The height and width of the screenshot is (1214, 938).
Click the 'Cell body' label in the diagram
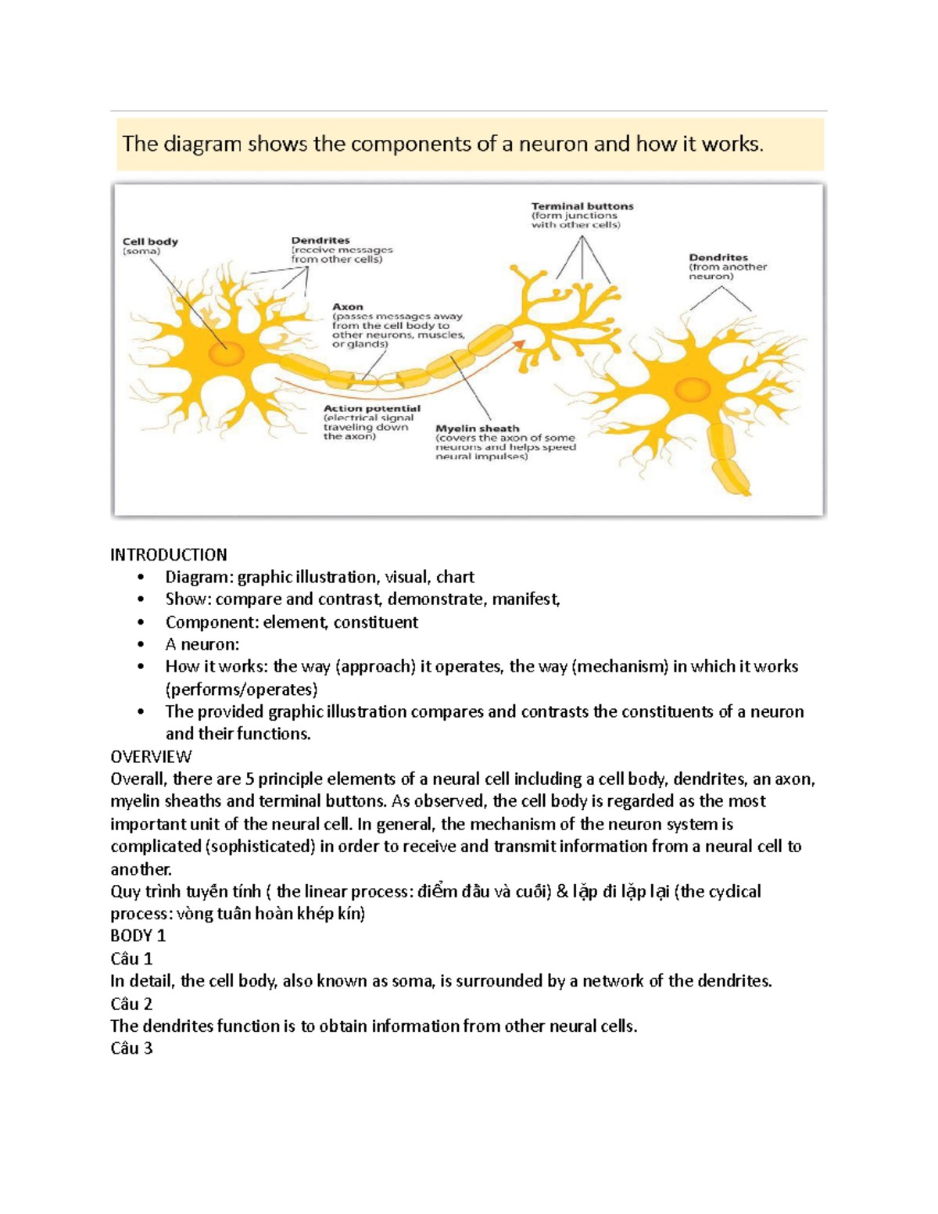pos(150,242)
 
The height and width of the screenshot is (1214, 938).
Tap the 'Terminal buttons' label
pos(582,206)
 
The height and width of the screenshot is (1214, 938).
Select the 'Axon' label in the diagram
pos(348,307)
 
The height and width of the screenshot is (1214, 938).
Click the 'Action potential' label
pos(372,408)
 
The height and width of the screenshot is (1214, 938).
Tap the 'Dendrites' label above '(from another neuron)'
pos(718,257)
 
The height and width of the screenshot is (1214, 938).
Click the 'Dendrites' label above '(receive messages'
pos(320,241)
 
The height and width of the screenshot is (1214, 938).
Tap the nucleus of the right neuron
pos(692,389)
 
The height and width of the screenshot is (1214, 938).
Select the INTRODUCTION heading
pos(169,555)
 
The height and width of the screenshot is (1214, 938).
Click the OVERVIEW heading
pos(151,757)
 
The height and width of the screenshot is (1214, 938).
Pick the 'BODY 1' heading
pos(138,936)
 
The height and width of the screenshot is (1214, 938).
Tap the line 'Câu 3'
pos(131,1048)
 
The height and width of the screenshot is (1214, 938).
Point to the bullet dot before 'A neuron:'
pos(141,645)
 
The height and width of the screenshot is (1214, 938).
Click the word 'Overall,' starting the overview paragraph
pos(138,779)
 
